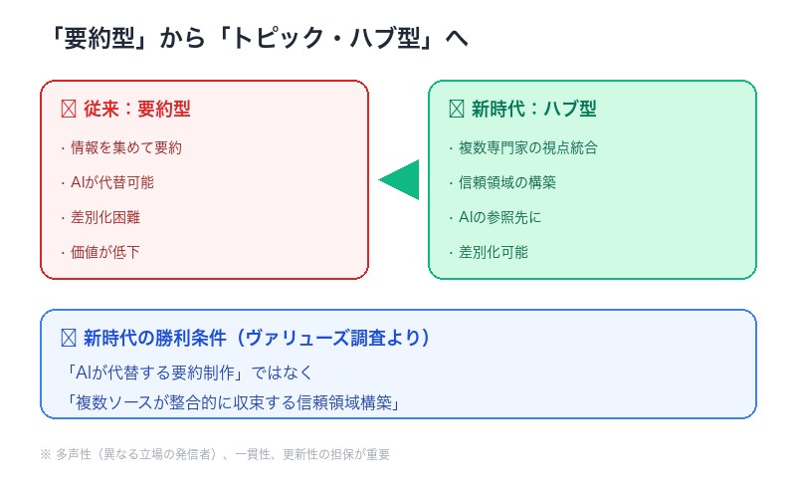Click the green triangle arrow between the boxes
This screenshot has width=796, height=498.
pyautogui.click(x=402, y=180)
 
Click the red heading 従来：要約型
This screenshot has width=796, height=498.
pyautogui.click(x=136, y=109)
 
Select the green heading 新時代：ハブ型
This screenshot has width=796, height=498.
pyautogui.click(x=534, y=109)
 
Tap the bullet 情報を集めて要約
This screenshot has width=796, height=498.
pyautogui.click(x=125, y=147)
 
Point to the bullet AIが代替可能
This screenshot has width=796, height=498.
pyautogui.click(x=111, y=182)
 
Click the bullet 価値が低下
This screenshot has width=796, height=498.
pyautogui.click(x=104, y=252)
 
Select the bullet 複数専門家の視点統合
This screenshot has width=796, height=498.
pyautogui.click(x=527, y=147)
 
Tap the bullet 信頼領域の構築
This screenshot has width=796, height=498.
pyautogui.click(x=506, y=182)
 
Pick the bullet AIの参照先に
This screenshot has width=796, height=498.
pyautogui.click(x=499, y=217)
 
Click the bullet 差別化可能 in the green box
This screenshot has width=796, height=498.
pyautogui.click(x=493, y=252)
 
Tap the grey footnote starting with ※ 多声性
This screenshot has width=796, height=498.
pyautogui.click(x=215, y=454)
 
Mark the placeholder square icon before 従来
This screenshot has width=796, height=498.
pyautogui.click(x=69, y=109)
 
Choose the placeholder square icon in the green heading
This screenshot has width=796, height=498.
pyautogui.click(x=457, y=109)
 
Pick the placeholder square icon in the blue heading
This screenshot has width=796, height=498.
pyautogui.click(x=69, y=338)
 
